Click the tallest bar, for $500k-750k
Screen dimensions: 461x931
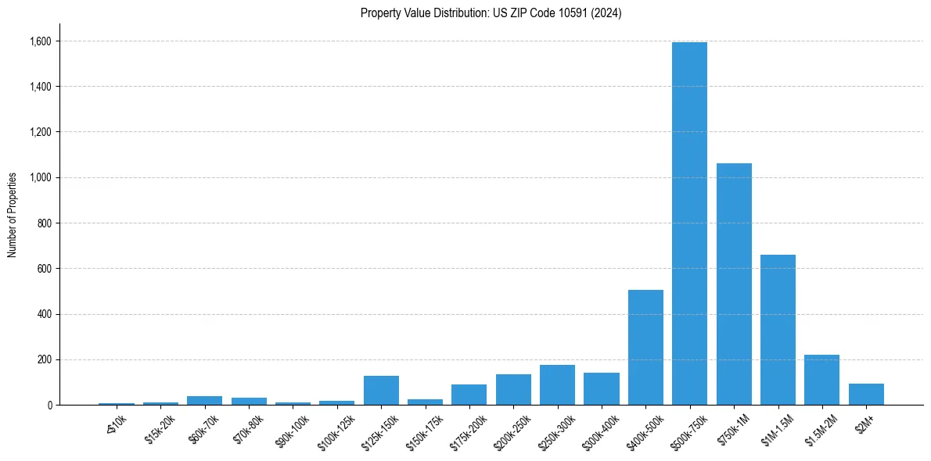pos(689,223)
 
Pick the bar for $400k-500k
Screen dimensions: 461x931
pos(645,347)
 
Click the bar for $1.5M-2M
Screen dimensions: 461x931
pos(821,380)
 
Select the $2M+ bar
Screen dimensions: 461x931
pos(866,395)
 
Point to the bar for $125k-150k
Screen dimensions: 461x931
pos(381,390)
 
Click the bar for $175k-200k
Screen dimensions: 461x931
pos(469,395)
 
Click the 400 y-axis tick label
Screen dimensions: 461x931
pos(45,315)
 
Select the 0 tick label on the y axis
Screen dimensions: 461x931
pos(49,406)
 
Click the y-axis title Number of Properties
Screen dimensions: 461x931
pos(13,214)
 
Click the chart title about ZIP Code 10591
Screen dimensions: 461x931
pos(491,13)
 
